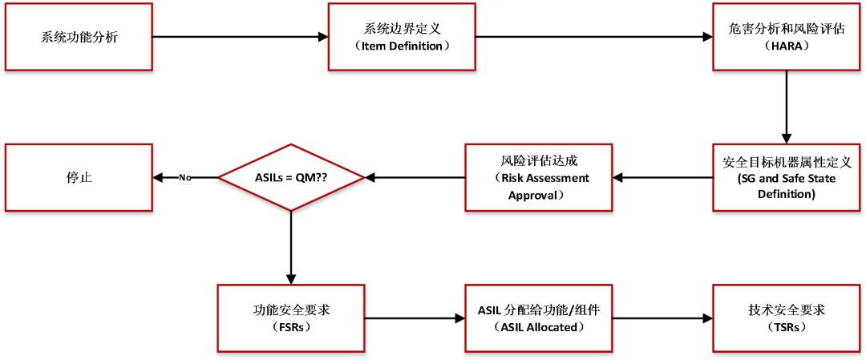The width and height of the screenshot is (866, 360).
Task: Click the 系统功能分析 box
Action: click(79, 36)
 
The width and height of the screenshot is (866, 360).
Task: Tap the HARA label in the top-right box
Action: click(786, 46)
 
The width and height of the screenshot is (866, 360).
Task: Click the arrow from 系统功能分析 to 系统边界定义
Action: click(241, 36)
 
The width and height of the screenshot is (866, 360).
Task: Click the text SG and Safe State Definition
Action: click(786, 186)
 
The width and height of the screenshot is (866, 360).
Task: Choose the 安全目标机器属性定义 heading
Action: click(786, 162)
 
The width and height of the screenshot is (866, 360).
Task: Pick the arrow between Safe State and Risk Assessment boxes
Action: click(662, 177)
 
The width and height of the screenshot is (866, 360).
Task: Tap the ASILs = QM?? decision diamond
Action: click(289, 177)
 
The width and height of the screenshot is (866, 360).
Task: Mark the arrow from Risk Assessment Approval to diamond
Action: click(413, 177)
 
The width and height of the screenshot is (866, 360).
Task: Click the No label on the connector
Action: click(184, 177)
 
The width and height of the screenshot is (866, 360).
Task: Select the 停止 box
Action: click(79, 177)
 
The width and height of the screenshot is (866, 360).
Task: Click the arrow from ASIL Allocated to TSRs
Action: click(662, 318)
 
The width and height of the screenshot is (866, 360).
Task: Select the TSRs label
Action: click(786, 328)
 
